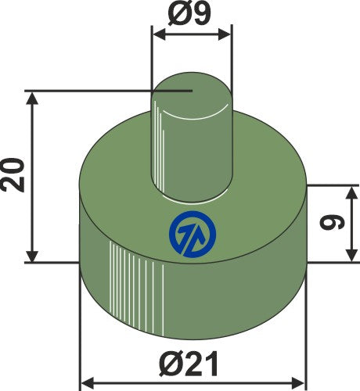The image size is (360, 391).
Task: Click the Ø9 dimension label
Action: point(192,15)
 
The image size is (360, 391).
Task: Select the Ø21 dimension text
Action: point(193,363)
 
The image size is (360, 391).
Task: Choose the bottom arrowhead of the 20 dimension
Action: point(32,257)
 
